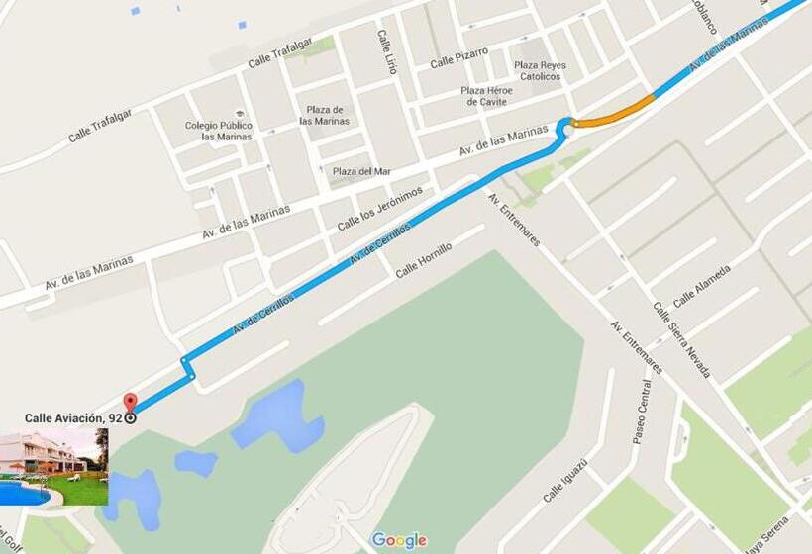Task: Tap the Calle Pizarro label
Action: tap(458, 58)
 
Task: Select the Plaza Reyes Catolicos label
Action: tap(540, 71)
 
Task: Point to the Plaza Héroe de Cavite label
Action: tap(486, 96)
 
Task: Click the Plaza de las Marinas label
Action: tap(325, 115)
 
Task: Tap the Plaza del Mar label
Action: tap(361, 171)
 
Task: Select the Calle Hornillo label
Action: tap(423, 260)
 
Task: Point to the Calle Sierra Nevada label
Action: tap(682, 339)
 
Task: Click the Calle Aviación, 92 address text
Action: tap(73, 418)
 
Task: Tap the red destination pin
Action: tap(130, 406)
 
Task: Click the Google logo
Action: tap(398, 540)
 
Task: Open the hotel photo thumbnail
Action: tap(53, 466)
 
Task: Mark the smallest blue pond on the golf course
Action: tap(196, 462)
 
